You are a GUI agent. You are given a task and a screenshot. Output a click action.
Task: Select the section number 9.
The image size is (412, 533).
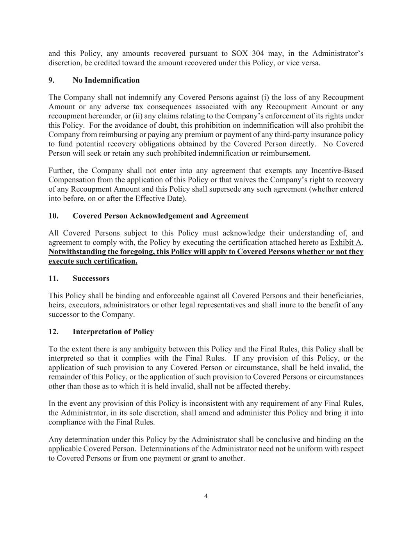pos(51,80)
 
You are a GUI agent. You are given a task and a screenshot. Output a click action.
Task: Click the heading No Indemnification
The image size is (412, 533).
pos(106,80)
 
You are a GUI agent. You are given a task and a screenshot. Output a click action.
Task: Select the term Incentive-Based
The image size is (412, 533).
pos(337,171)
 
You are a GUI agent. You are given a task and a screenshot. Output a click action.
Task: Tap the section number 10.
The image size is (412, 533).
pos(54,216)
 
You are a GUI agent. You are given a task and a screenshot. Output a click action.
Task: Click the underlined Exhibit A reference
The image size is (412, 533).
pos(346,242)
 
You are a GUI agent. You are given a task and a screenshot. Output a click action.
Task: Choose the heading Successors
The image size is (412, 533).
pos(91,278)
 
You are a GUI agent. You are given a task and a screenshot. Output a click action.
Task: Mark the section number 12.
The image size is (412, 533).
pos(54,332)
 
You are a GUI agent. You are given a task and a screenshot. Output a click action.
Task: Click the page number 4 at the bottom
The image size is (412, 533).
pos(206,496)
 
